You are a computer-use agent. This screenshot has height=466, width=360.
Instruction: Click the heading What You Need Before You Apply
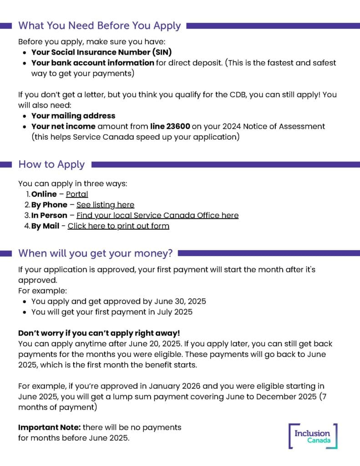99,25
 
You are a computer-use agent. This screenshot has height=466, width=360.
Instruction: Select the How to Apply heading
51,164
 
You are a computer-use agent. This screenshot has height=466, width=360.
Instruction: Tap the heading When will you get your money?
96,253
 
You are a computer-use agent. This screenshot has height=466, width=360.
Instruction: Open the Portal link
77,194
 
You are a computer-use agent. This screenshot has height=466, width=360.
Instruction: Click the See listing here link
105,205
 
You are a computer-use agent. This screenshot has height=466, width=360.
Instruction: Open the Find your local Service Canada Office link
157,215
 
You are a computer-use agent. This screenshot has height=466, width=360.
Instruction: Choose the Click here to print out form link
118,226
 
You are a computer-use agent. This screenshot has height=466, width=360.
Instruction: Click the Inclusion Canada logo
313,436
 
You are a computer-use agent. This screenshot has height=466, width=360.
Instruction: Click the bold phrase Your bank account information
93,63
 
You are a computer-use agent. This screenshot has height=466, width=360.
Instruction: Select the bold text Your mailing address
73,116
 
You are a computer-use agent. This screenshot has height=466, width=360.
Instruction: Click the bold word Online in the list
44,194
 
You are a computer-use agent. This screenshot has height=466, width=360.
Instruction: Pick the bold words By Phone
49,205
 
